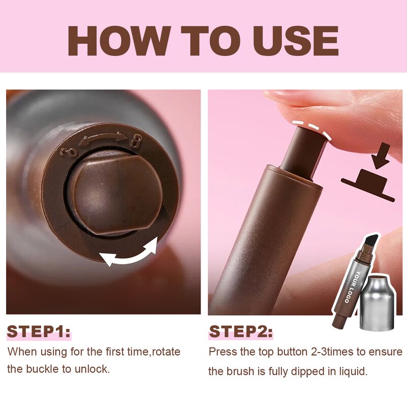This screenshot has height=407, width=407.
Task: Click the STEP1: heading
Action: (x=38, y=332)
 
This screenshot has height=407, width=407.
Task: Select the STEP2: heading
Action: (x=241, y=332)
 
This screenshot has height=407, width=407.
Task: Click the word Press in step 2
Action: (x=221, y=352)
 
